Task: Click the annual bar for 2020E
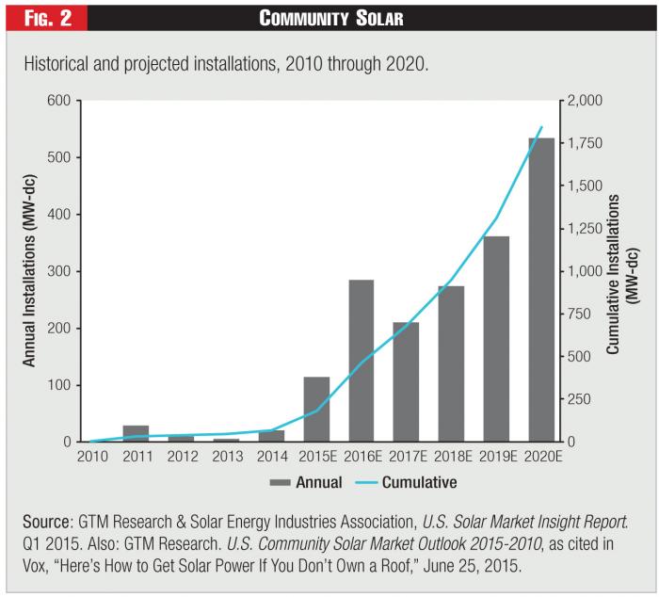point(541,290)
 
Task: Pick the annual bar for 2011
point(136,433)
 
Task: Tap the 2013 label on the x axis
point(226,458)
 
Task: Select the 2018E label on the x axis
point(451,458)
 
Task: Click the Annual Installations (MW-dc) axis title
point(29,271)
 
